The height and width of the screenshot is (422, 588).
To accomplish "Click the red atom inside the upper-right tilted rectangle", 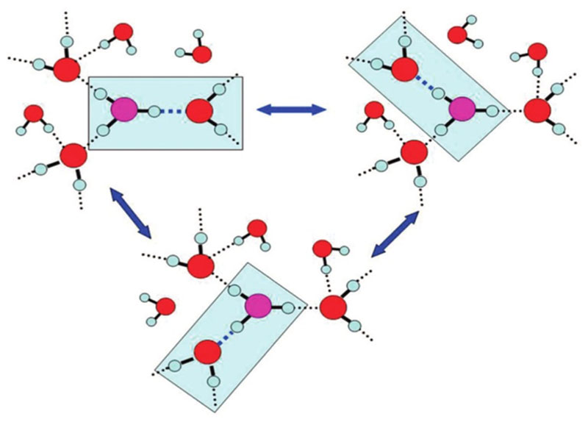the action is (x=404, y=70).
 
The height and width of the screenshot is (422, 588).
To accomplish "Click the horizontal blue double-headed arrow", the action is (x=291, y=110).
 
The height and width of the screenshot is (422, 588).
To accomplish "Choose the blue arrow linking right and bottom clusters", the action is (x=395, y=235).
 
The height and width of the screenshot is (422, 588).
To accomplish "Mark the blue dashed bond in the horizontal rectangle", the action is (x=171, y=112).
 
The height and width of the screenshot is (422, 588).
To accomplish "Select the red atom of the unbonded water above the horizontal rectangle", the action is (x=201, y=53).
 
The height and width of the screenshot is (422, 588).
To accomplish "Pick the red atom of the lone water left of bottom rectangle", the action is (x=166, y=305).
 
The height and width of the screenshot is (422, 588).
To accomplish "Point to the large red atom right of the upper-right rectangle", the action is (x=537, y=110).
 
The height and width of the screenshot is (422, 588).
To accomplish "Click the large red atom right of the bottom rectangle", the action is (x=333, y=306).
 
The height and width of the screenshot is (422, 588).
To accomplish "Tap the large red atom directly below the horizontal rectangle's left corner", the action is (x=73, y=155).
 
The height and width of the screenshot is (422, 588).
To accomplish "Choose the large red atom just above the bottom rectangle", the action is (x=200, y=265).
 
